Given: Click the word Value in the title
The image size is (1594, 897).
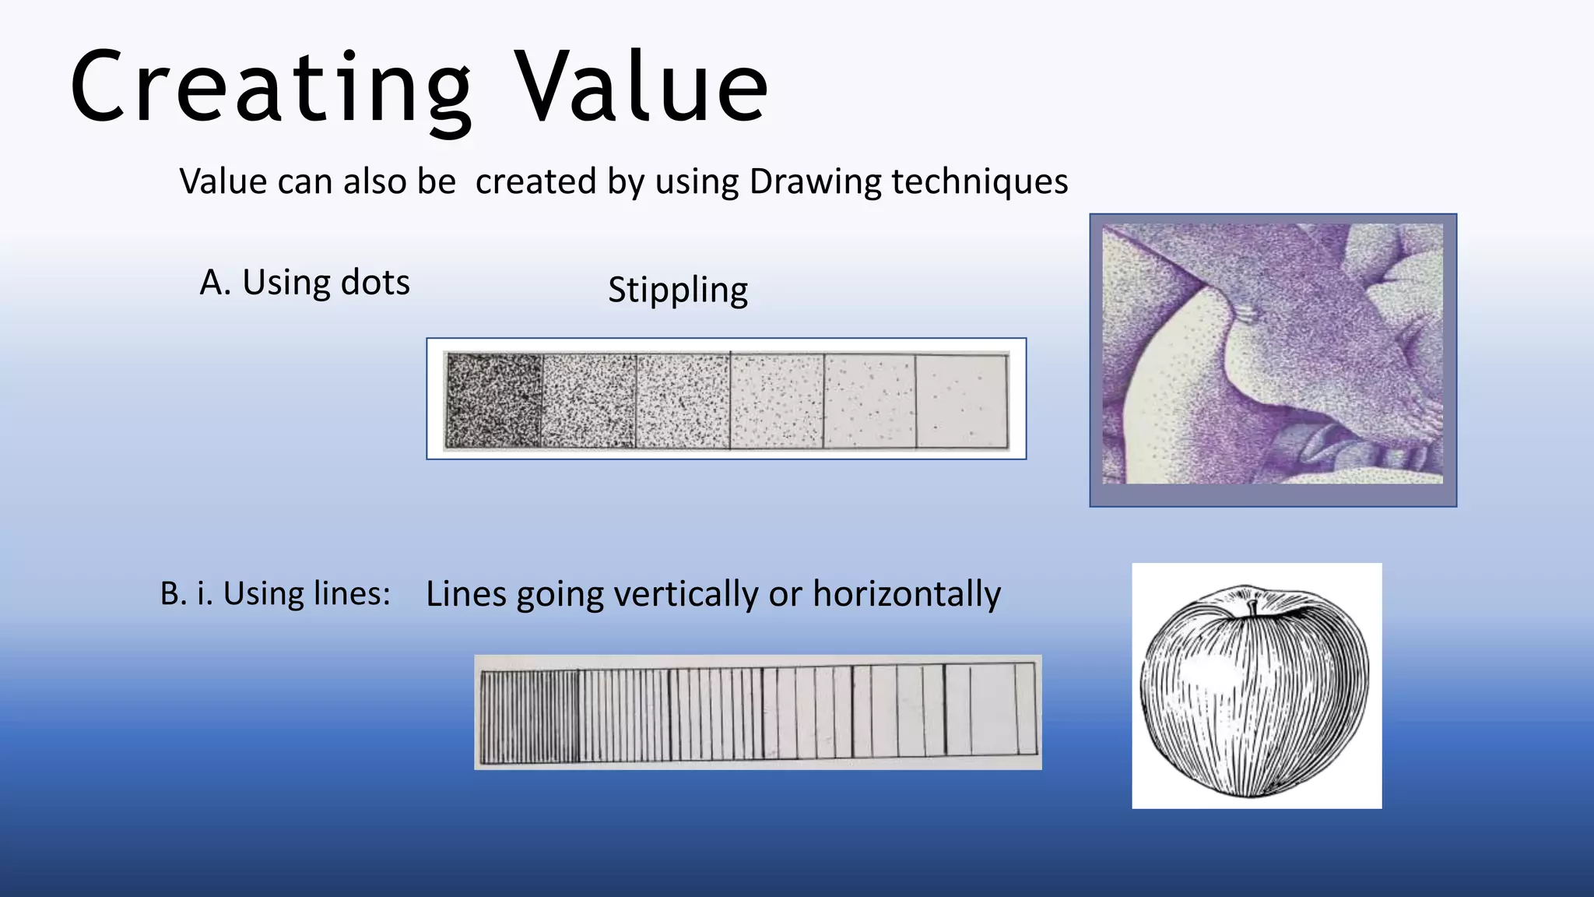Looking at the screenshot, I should [642, 87].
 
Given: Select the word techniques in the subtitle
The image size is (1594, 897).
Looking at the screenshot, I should [980, 182].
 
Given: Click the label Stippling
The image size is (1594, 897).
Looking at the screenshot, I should [678, 290].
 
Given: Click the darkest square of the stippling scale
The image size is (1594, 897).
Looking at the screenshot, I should [493, 401].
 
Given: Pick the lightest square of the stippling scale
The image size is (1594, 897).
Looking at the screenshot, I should [961, 401].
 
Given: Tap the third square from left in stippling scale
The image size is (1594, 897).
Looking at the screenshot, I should [683, 401].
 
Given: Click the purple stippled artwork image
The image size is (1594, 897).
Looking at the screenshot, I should [1273, 354].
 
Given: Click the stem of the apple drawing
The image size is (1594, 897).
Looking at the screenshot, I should [1252, 608].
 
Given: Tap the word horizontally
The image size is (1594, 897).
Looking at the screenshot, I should [907, 594].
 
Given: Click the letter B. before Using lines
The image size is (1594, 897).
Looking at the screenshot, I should [174, 594].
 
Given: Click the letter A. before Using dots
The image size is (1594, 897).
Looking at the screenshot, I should [216, 283].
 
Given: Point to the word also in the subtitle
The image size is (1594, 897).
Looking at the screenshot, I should [374, 182].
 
